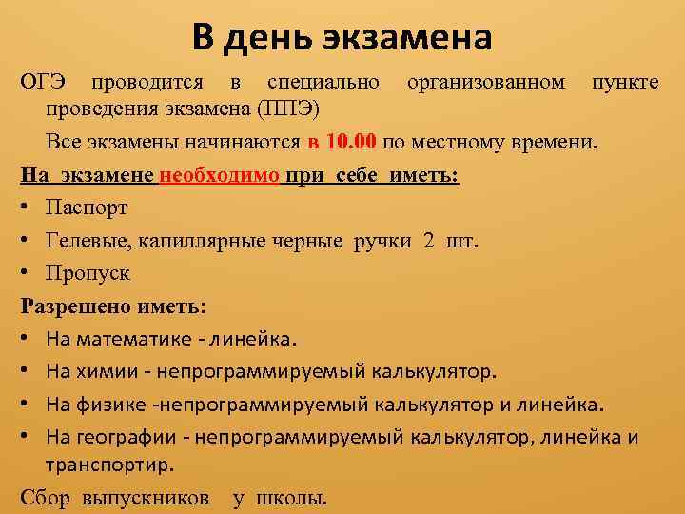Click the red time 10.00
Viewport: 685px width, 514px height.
(350, 143)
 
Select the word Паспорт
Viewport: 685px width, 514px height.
(87, 208)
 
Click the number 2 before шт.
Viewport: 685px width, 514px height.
(428, 240)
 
